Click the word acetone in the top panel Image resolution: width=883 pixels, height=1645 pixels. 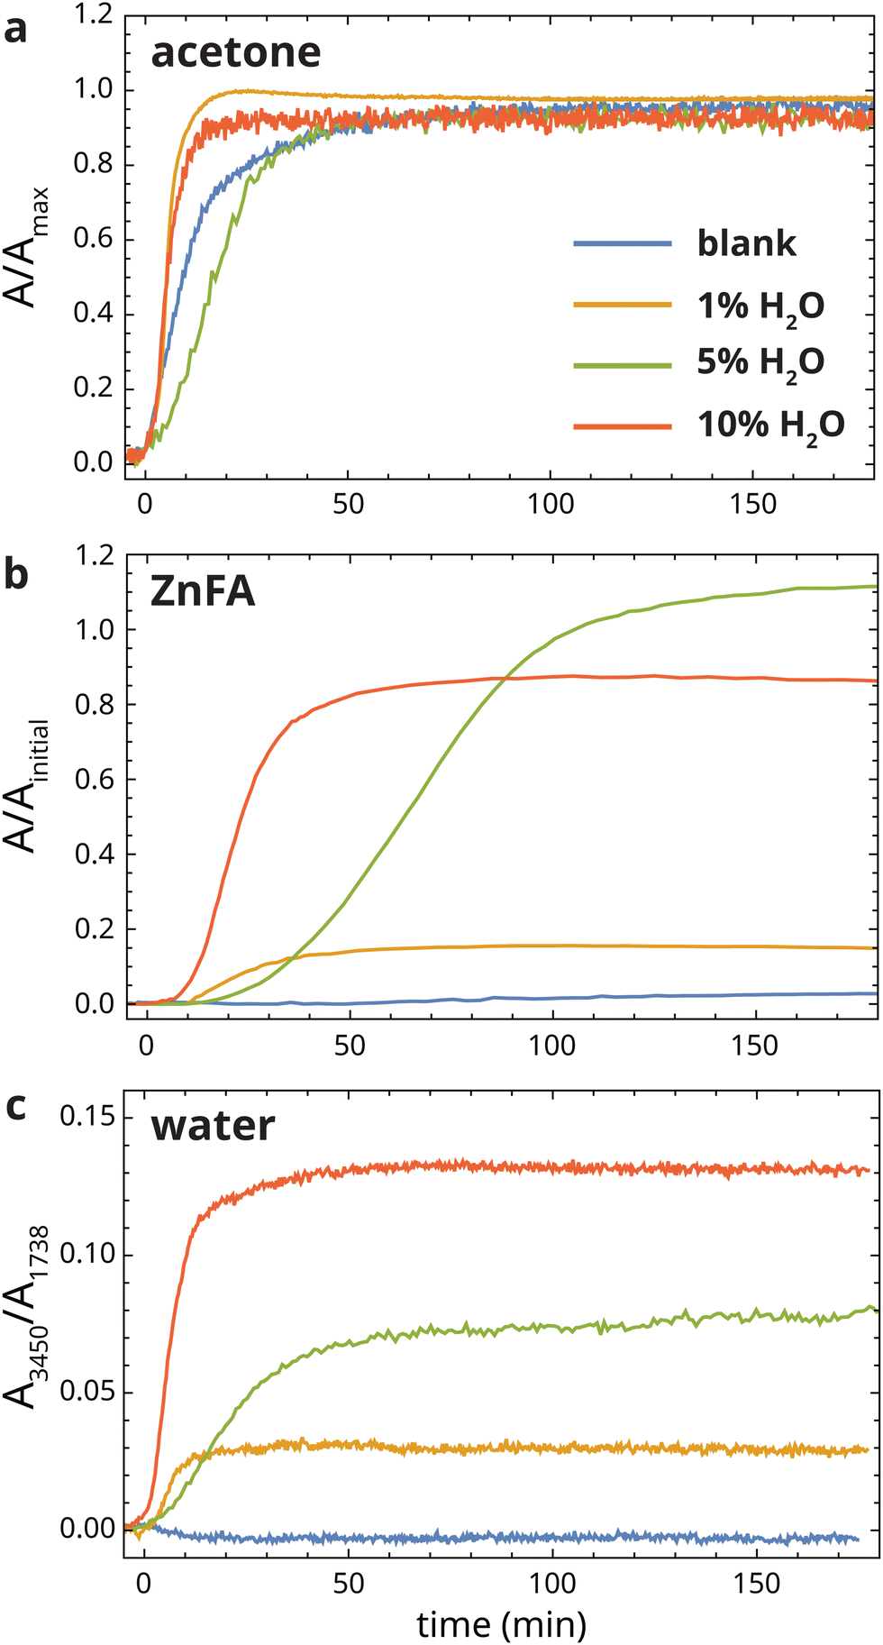click(235, 52)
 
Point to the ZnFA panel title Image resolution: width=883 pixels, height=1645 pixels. click(203, 591)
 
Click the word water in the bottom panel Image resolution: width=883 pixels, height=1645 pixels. click(213, 1126)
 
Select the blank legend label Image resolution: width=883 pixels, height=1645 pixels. click(746, 243)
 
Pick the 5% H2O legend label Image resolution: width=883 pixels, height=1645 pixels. click(760, 363)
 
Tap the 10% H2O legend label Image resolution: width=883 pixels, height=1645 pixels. click(771, 425)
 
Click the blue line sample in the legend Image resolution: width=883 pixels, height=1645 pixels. click(623, 243)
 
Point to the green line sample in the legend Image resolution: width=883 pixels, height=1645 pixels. click(623, 365)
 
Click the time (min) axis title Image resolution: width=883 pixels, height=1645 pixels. click(501, 1618)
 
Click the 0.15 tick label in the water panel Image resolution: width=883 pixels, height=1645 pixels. click(87, 1118)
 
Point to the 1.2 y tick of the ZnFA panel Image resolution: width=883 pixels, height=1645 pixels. click(95, 555)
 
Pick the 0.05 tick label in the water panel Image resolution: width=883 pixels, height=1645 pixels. click(87, 1393)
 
